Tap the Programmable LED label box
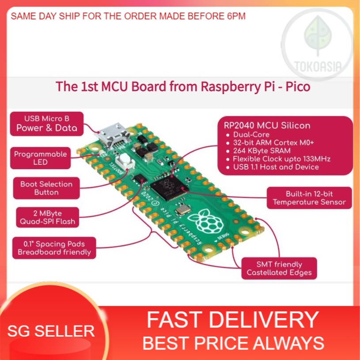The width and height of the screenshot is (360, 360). coord(40,158)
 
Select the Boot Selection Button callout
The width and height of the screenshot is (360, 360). coord(46,188)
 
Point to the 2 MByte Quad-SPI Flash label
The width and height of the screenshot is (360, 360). coord(47,217)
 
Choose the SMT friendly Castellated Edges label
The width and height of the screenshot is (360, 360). coord(279,268)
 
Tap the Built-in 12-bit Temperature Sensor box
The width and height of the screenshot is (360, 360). coord(309,198)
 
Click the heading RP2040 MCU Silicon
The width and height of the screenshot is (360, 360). coord(267,125)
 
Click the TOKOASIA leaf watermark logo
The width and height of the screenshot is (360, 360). coord(318,40)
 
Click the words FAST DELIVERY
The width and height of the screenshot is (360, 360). coord(233,319)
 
